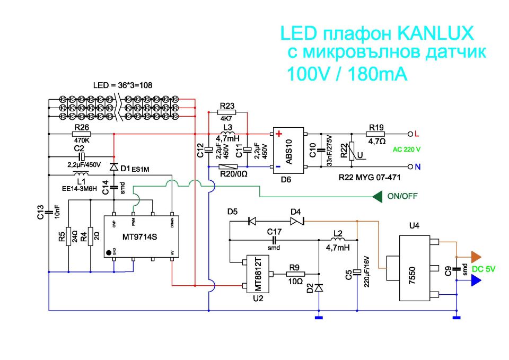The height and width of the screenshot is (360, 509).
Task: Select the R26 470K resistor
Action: pos(81,134)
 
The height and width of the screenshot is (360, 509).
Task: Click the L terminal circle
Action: pos(409,134)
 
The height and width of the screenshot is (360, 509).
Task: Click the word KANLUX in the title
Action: pos(434,34)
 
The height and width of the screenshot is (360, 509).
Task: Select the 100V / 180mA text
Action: pos(347,74)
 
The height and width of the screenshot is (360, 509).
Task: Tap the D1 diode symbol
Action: pos(113,166)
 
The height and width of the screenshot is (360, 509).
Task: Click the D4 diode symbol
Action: pos(295,220)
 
